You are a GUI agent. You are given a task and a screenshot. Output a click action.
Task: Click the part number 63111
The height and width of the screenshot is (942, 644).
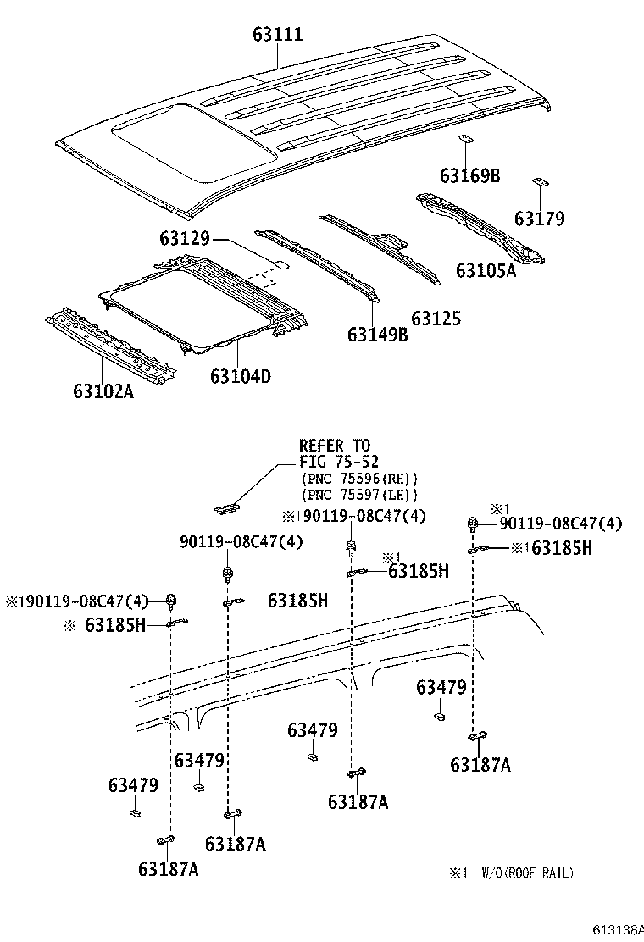[277, 35]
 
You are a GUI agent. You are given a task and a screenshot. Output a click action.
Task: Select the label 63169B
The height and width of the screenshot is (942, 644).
[469, 176]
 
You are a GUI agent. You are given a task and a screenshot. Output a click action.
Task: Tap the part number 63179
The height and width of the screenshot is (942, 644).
[539, 219]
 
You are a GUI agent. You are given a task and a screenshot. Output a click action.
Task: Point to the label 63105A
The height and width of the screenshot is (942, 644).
[486, 270]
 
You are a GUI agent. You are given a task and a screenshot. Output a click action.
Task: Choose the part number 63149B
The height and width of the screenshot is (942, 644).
[377, 335]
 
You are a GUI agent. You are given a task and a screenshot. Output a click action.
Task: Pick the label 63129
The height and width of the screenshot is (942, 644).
[184, 241]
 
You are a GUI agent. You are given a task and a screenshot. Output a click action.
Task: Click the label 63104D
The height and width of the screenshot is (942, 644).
[241, 375]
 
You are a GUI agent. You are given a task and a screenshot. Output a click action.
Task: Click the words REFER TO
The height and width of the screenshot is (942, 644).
[334, 446]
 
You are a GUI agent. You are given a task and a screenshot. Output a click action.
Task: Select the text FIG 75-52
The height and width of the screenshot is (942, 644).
[339, 462]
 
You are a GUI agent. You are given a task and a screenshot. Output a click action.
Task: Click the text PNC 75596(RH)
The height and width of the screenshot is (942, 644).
[359, 479]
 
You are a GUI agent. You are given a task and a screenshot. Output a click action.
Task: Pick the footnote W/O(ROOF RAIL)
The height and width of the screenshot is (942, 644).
[527, 873]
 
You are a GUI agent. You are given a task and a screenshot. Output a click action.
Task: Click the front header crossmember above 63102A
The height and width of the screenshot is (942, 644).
[110, 346]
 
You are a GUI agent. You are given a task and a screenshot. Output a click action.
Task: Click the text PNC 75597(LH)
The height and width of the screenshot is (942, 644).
[359, 495]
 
